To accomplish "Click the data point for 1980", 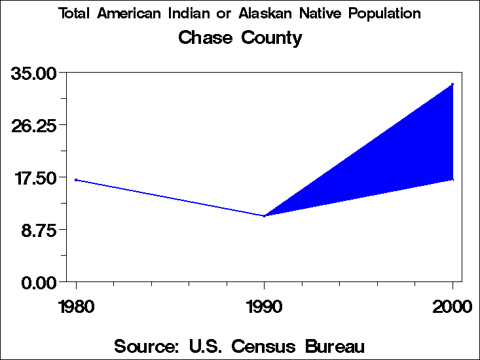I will [76, 179].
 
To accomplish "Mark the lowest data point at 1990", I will [264, 215].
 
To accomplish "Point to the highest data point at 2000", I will [452, 84].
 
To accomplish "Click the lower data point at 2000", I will [452, 179].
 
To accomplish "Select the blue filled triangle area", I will [406, 157].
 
